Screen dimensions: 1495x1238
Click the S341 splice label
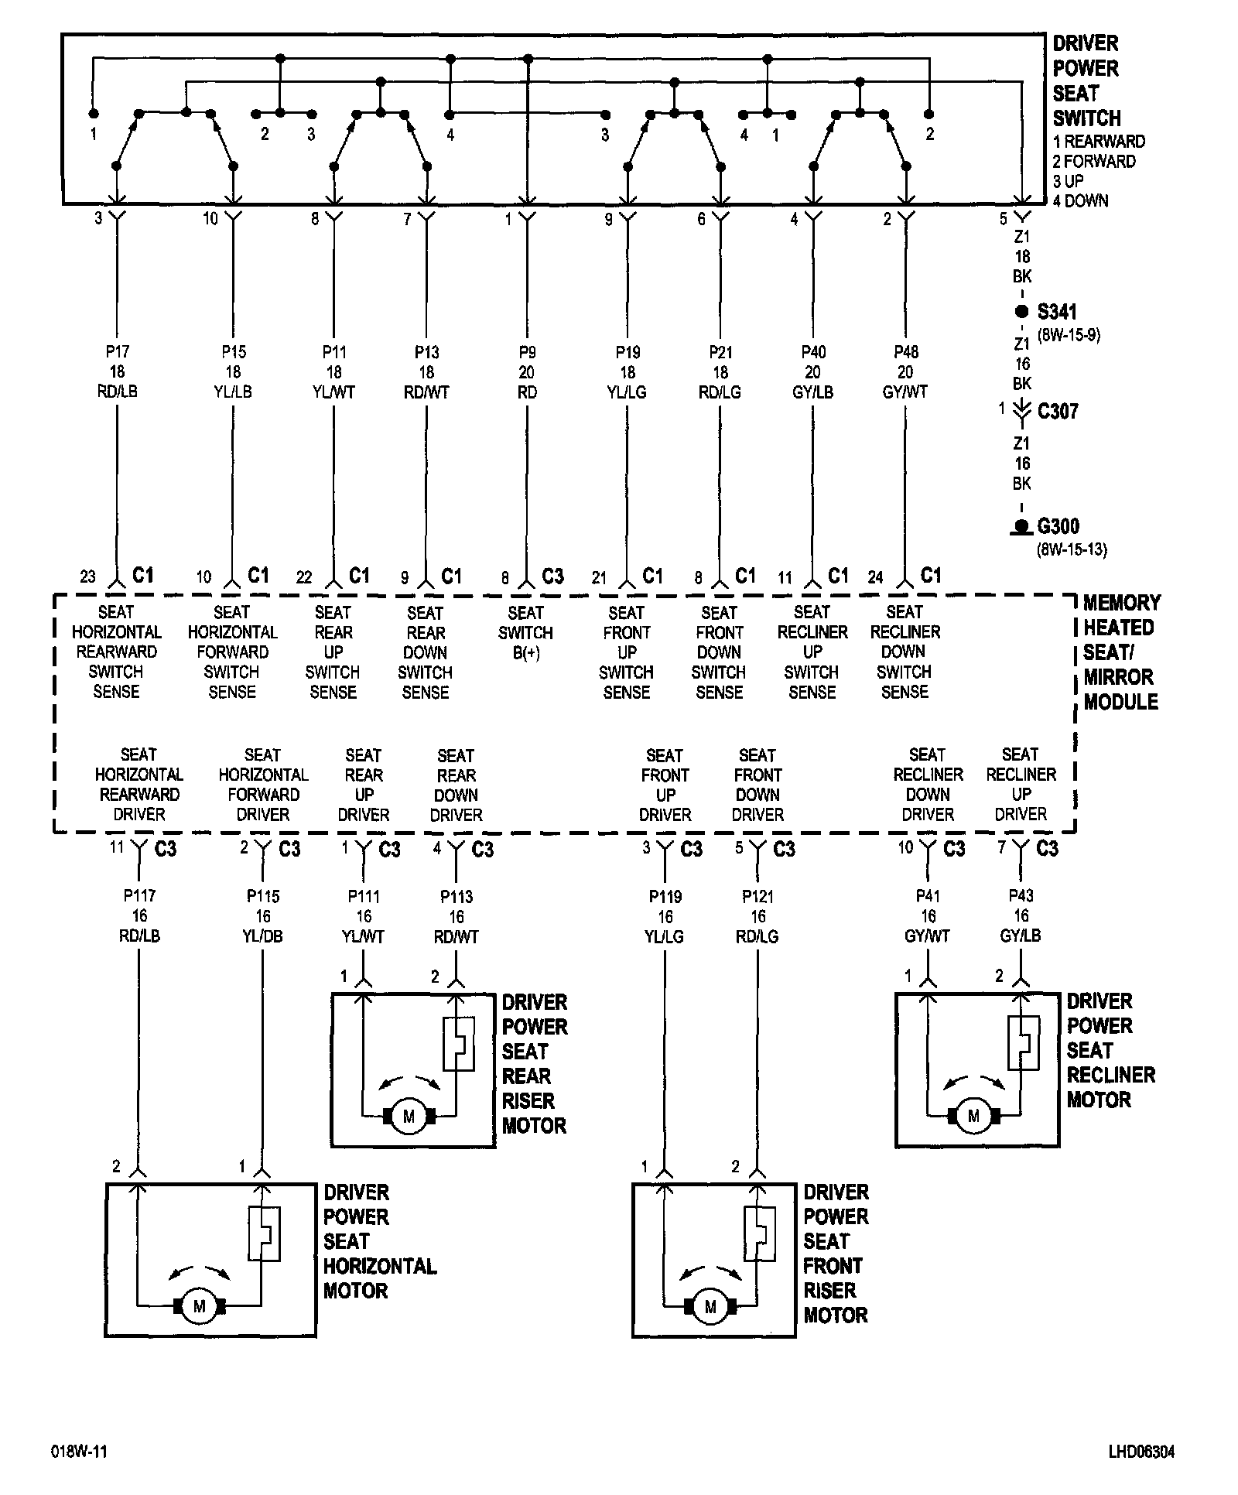pos(1056,312)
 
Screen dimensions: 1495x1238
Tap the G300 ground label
pos(1058,527)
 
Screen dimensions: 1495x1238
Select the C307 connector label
pos(1057,411)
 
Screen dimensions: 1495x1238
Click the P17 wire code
pos(117,352)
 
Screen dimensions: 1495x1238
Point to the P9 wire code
pos(527,352)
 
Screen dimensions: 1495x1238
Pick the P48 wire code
pos(905,352)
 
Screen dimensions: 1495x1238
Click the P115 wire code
pos(263,896)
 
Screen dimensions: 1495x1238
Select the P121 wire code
pos(758,896)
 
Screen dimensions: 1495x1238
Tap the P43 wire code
pos(1021,895)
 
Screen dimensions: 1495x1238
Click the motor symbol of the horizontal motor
pos(200,1307)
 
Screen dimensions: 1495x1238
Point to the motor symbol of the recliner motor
pos(973,1116)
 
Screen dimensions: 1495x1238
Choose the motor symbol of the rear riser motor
pos(409,1117)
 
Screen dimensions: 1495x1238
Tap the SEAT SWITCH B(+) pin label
pos(526,633)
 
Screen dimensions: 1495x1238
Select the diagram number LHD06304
pos(1140,1452)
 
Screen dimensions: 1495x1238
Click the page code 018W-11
pos(79,1452)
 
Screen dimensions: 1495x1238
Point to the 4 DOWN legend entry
pos(1080,201)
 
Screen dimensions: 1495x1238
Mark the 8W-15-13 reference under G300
pos(1071,550)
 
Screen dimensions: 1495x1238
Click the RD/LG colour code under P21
pos(720,392)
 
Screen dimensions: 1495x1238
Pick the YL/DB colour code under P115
pos(263,936)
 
